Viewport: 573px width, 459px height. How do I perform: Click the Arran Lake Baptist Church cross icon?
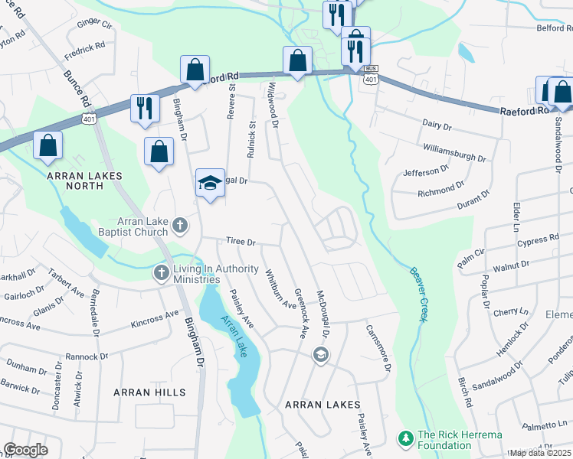(x=180, y=225)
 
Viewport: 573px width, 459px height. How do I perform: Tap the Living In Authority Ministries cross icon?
(x=161, y=272)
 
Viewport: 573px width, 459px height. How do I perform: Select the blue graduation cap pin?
(x=210, y=183)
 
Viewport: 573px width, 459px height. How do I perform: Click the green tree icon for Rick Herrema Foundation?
(x=405, y=438)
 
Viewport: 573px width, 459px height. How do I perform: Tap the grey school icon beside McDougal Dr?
(x=320, y=353)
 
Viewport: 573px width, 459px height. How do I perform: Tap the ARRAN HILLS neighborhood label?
(x=149, y=392)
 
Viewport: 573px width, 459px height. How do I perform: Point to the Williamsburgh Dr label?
(x=454, y=151)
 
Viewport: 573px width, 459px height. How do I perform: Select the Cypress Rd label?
(x=537, y=240)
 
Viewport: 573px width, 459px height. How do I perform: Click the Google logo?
(x=25, y=450)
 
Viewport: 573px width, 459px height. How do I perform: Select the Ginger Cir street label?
(x=94, y=24)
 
